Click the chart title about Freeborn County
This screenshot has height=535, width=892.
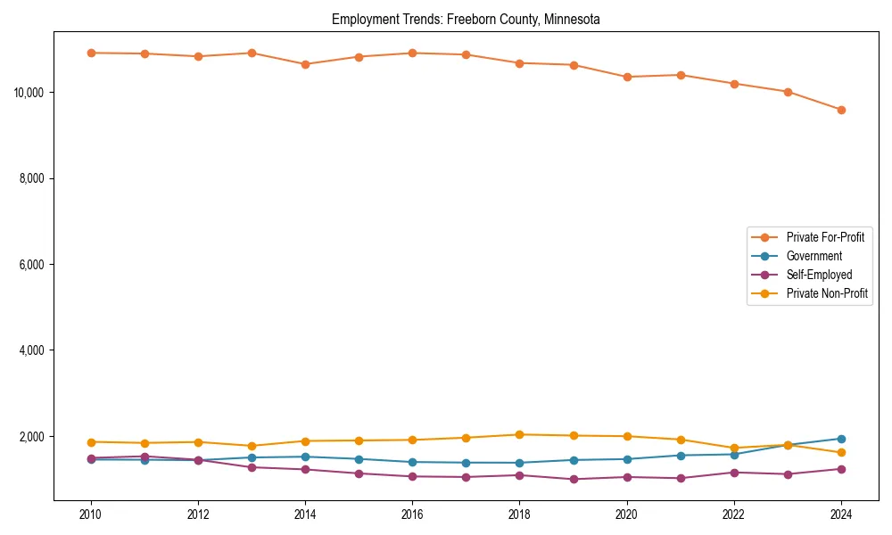(466, 19)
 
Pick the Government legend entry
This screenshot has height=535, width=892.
(814, 256)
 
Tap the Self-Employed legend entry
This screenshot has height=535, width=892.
(819, 275)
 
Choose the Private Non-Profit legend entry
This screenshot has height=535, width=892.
(827, 293)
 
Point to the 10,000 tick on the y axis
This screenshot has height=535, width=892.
(31, 93)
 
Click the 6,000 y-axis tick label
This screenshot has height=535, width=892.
(34, 265)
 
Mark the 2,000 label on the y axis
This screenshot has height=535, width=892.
(34, 437)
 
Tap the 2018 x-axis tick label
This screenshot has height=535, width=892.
(520, 514)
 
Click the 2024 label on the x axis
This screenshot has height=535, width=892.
(841, 514)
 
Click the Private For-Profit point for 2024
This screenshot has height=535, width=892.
(841, 110)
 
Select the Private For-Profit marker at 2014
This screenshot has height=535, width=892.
(305, 64)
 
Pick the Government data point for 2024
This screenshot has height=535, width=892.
(841, 439)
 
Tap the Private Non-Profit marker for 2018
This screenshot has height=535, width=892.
(520, 434)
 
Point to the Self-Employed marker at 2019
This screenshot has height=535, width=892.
(574, 479)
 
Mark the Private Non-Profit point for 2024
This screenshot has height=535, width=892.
(841, 453)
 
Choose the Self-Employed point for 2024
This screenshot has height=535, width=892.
(841, 469)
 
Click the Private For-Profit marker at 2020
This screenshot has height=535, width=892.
(627, 77)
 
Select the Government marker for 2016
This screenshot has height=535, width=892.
(412, 462)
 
